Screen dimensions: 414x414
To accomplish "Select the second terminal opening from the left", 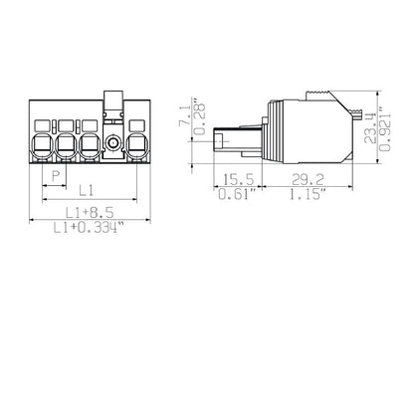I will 68,146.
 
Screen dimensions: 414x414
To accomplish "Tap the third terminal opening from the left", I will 91,146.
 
